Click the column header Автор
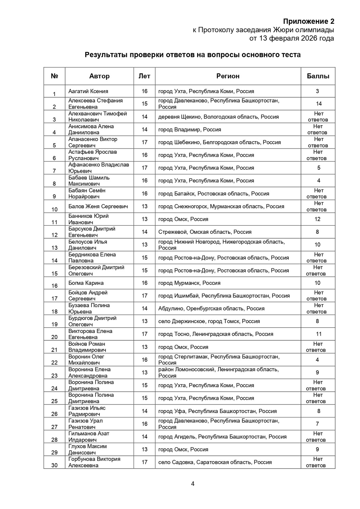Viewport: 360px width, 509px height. (x=99, y=76)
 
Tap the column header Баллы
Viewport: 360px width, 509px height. (x=318, y=76)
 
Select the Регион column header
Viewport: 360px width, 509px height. (x=228, y=76)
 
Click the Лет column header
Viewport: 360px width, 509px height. (x=144, y=76)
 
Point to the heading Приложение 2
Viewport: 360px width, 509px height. (x=309, y=21)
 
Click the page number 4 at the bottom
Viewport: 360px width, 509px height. (x=193, y=484)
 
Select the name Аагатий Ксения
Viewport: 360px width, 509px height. (x=88, y=91)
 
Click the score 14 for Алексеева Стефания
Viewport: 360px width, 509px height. (x=318, y=104)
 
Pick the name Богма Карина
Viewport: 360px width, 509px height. (x=86, y=283)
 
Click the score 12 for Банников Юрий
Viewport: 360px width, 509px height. (x=318, y=219)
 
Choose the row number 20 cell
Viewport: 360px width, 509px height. (x=54, y=337)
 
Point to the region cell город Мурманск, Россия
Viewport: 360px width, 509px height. (x=189, y=283)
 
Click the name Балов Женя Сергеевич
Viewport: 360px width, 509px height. (x=98, y=206)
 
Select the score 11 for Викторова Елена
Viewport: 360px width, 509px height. (x=318, y=334)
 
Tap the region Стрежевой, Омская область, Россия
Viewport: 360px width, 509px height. (x=205, y=232)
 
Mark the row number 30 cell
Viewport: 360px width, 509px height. (x=54, y=465)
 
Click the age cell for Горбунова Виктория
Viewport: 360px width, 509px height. (x=145, y=462)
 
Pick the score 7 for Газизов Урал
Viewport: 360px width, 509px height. (x=318, y=424)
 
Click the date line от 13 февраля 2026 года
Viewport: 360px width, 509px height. (x=291, y=38)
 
